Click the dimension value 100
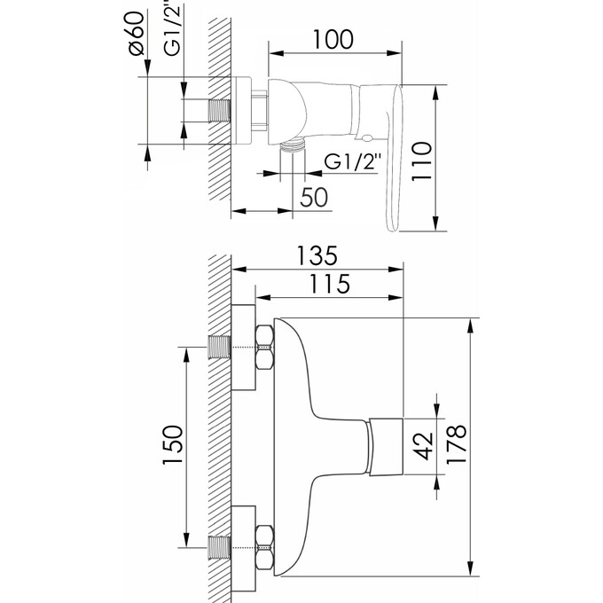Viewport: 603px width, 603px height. tap(333, 40)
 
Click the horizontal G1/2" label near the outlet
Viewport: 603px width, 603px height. tap(353, 162)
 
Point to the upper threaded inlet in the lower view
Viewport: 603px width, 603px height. tap(218, 347)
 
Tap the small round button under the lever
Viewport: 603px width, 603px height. tap(366, 137)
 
